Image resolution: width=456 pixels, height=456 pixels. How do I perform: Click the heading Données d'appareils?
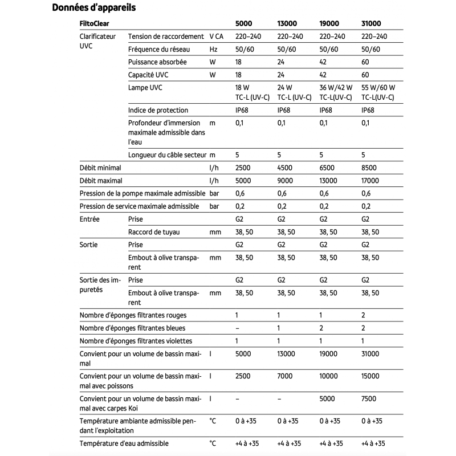[x=93, y=8]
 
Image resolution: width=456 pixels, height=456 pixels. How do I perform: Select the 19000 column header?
[x=329, y=24]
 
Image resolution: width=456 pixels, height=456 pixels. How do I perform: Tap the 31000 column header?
[x=372, y=24]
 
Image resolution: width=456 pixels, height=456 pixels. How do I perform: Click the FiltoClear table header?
[x=95, y=24]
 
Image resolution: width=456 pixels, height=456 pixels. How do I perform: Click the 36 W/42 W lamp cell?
[x=336, y=88]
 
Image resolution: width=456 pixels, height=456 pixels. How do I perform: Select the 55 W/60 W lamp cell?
[x=378, y=88]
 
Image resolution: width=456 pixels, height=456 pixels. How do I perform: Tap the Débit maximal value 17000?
[x=373, y=181]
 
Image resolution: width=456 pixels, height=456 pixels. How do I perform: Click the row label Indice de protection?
[x=158, y=110]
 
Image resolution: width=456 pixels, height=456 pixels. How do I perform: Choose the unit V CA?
[x=217, y=36]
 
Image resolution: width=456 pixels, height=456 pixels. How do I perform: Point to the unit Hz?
[x=214, y=49]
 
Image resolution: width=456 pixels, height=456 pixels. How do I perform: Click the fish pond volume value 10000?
[x=329, y=376]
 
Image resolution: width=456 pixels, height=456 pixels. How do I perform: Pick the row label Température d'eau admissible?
[x=124, y=443]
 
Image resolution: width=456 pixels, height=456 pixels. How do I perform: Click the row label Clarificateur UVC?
[x=97, y=40]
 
